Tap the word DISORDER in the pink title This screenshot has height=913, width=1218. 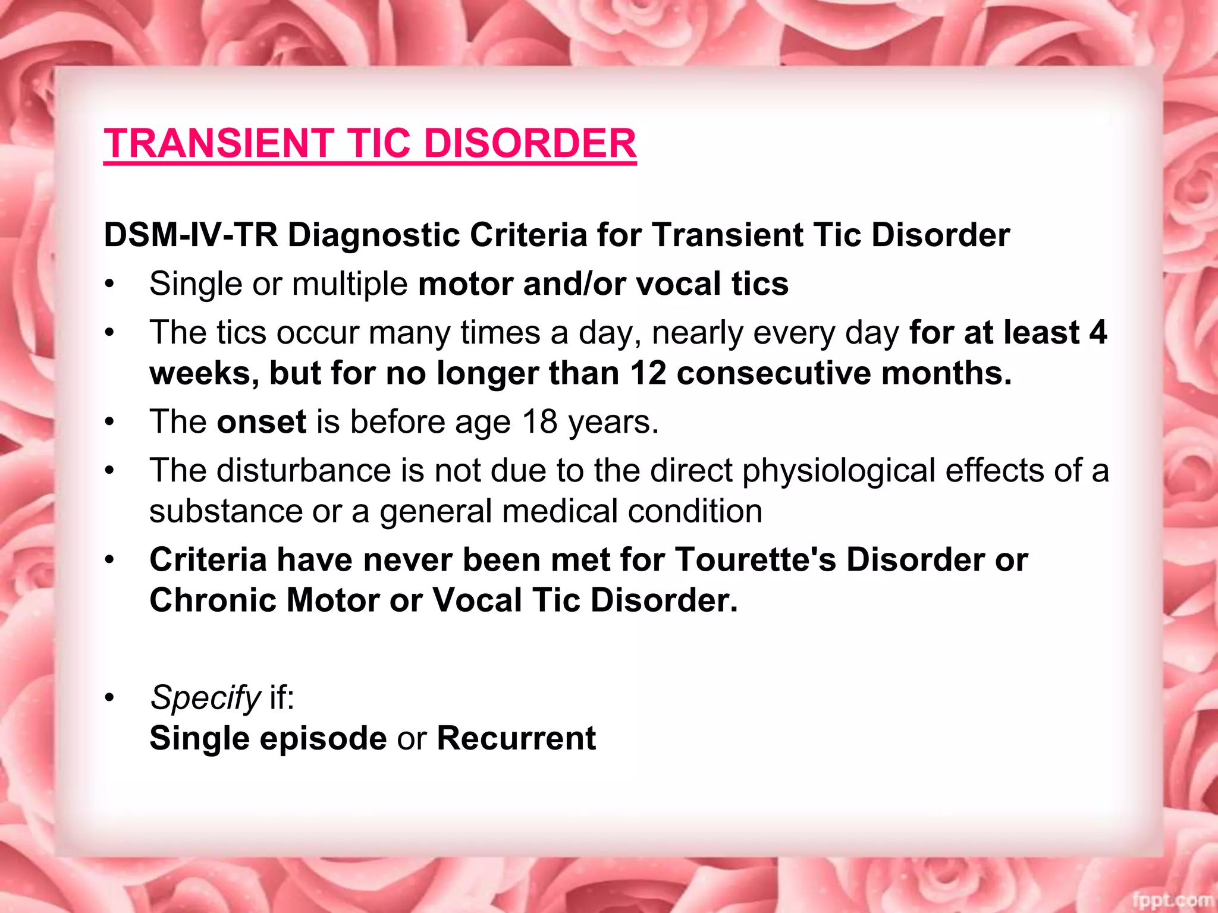(x=530, y=144)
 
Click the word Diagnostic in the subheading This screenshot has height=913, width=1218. (x=374, y=235)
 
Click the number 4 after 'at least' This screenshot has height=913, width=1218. (x=1098, y=332)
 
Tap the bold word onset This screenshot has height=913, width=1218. (x=262, y=422)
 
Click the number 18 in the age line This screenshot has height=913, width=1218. (x=539, y=422)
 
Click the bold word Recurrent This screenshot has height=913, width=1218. (x=516, y=738)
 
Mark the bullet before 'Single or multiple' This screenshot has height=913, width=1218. (x=109, y=285)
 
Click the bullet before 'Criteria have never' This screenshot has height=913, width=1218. (x=109, y=561)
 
